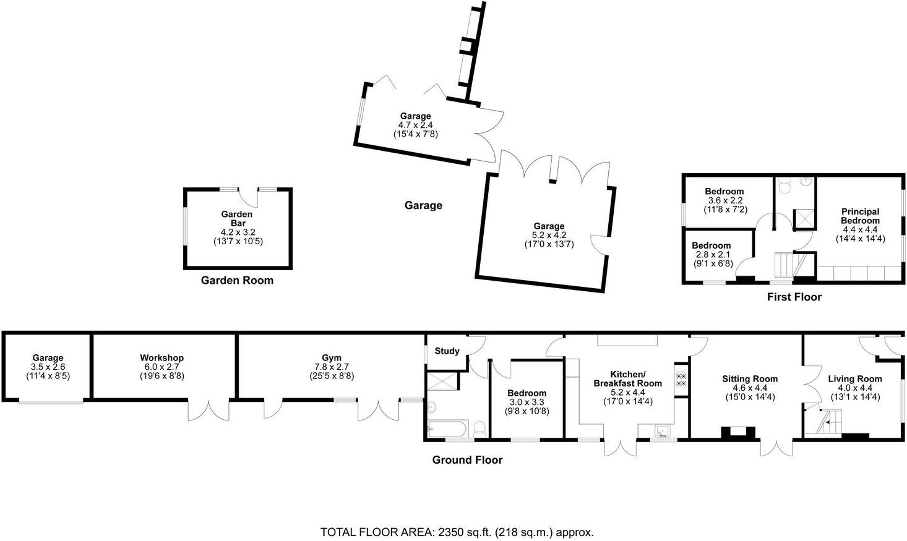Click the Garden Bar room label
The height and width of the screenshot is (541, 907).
tap(237, 218)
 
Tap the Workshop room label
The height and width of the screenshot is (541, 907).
tap(161, 358)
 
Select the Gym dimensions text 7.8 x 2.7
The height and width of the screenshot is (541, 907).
tap(332, 367)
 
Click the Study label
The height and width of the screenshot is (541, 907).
tap(447, 351)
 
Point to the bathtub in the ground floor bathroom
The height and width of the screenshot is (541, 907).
tap(445, 427)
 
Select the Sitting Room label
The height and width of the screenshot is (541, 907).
tap(750, 379)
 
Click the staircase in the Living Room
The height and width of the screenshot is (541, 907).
tap(826, 422)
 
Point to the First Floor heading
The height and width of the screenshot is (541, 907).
tap(794, 297)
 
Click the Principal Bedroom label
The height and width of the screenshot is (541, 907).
tap(859, 216)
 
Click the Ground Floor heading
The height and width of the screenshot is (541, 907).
tap(467, 460)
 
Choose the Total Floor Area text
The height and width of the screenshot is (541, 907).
tap(457, 532)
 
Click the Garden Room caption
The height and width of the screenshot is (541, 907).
tap(237, 281)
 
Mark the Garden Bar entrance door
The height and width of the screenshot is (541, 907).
tap(249, 198)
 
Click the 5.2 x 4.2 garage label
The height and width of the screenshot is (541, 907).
tap(549, 235)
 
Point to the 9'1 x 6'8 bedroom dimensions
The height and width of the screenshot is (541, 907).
tap(711, 263)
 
